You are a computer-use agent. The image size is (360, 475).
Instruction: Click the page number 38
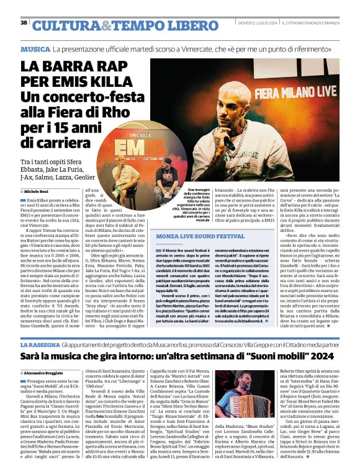pos(24,23)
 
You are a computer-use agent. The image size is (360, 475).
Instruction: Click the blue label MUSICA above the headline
pos(35,48)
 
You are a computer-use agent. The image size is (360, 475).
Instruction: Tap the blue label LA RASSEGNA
pos(39,344)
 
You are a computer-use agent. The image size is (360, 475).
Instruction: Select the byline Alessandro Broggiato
pos(47,372)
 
